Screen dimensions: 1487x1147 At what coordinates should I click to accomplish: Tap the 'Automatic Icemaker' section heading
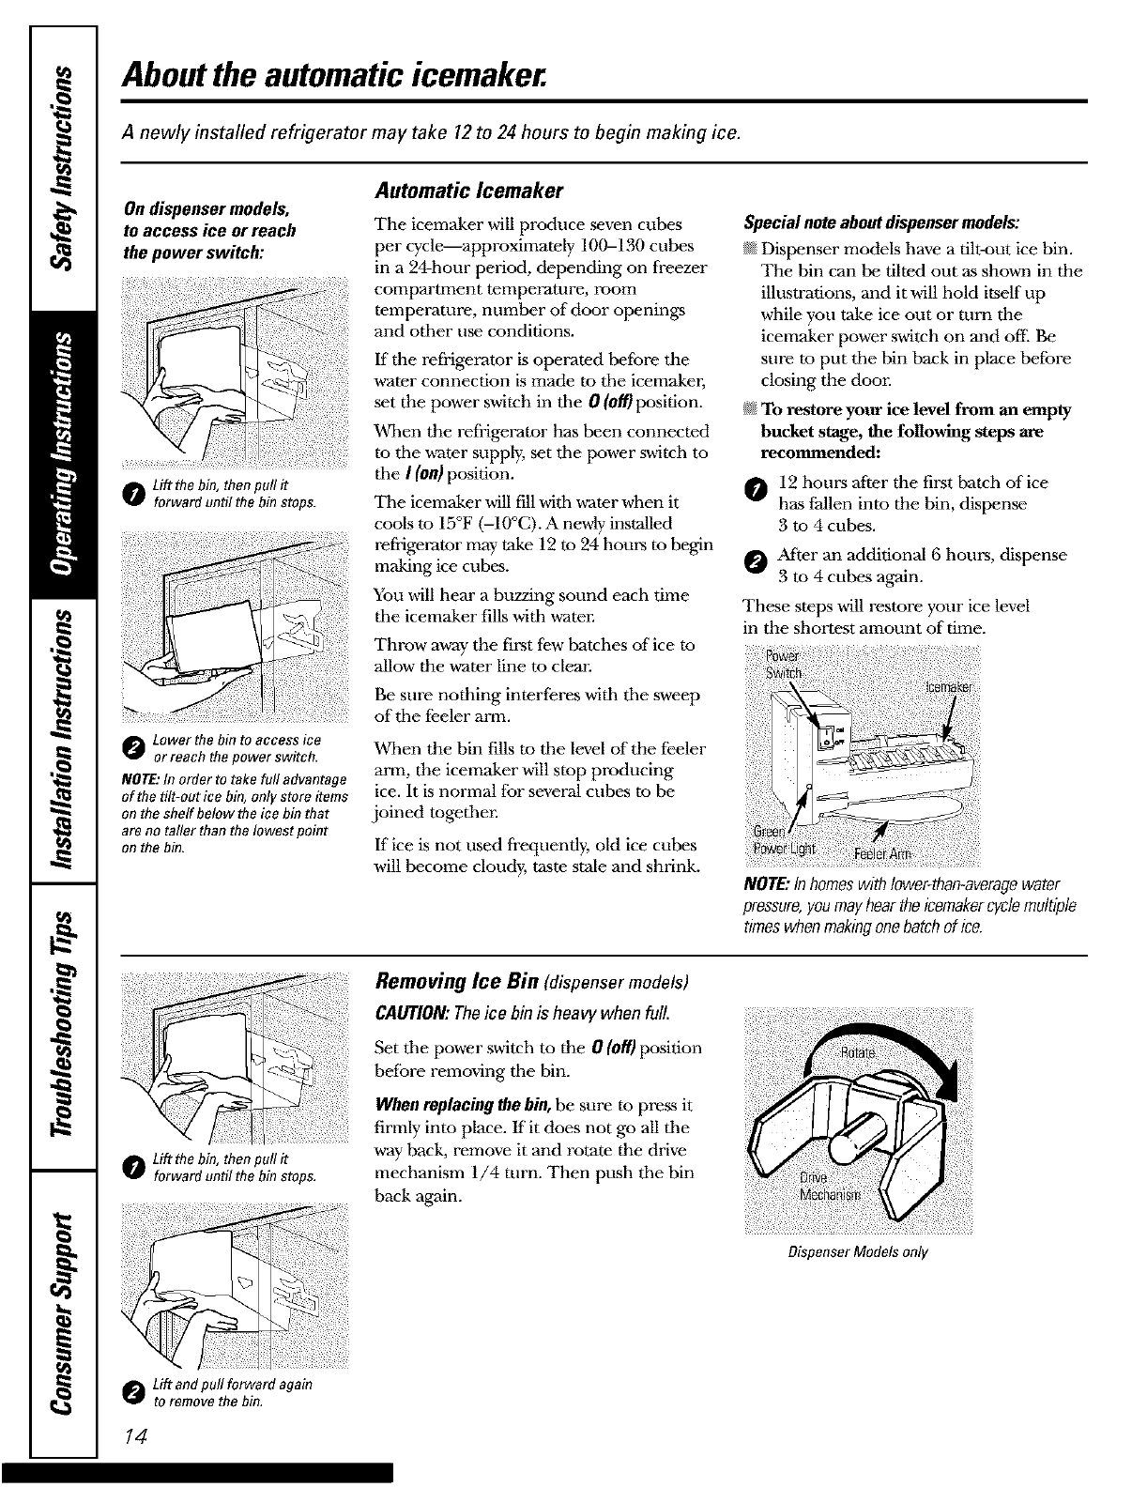pyautogui.click(x=467, y=192)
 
